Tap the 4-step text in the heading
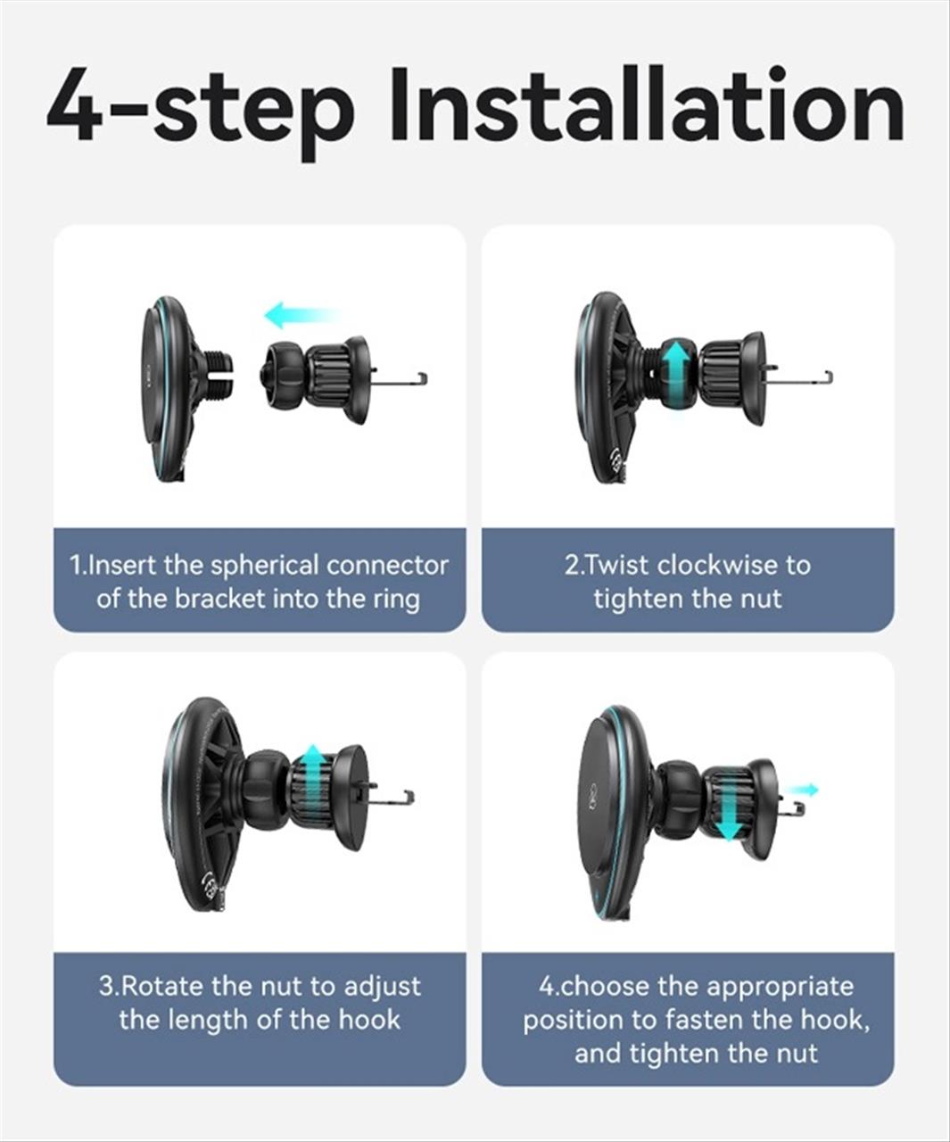coord(200,112)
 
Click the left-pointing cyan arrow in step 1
coord(302,315)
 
